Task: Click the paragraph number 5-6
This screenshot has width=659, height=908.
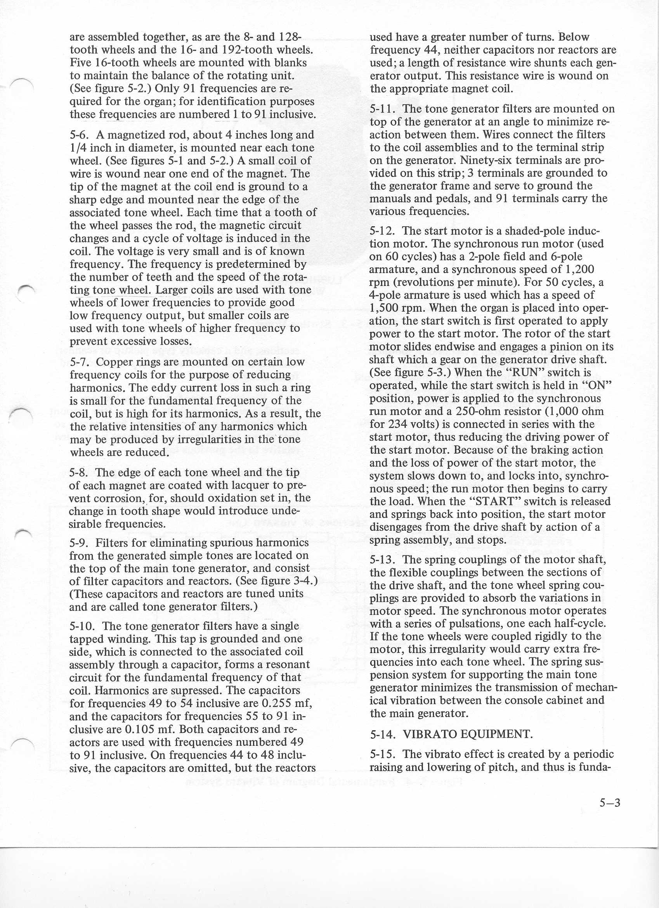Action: point(79,135)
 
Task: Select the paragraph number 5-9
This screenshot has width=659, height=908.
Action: point(79,543)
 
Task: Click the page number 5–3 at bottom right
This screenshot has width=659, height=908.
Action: point(609,802)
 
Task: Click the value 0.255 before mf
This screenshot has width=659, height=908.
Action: point(276,703)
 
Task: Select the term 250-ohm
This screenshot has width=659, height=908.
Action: point(496,411)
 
